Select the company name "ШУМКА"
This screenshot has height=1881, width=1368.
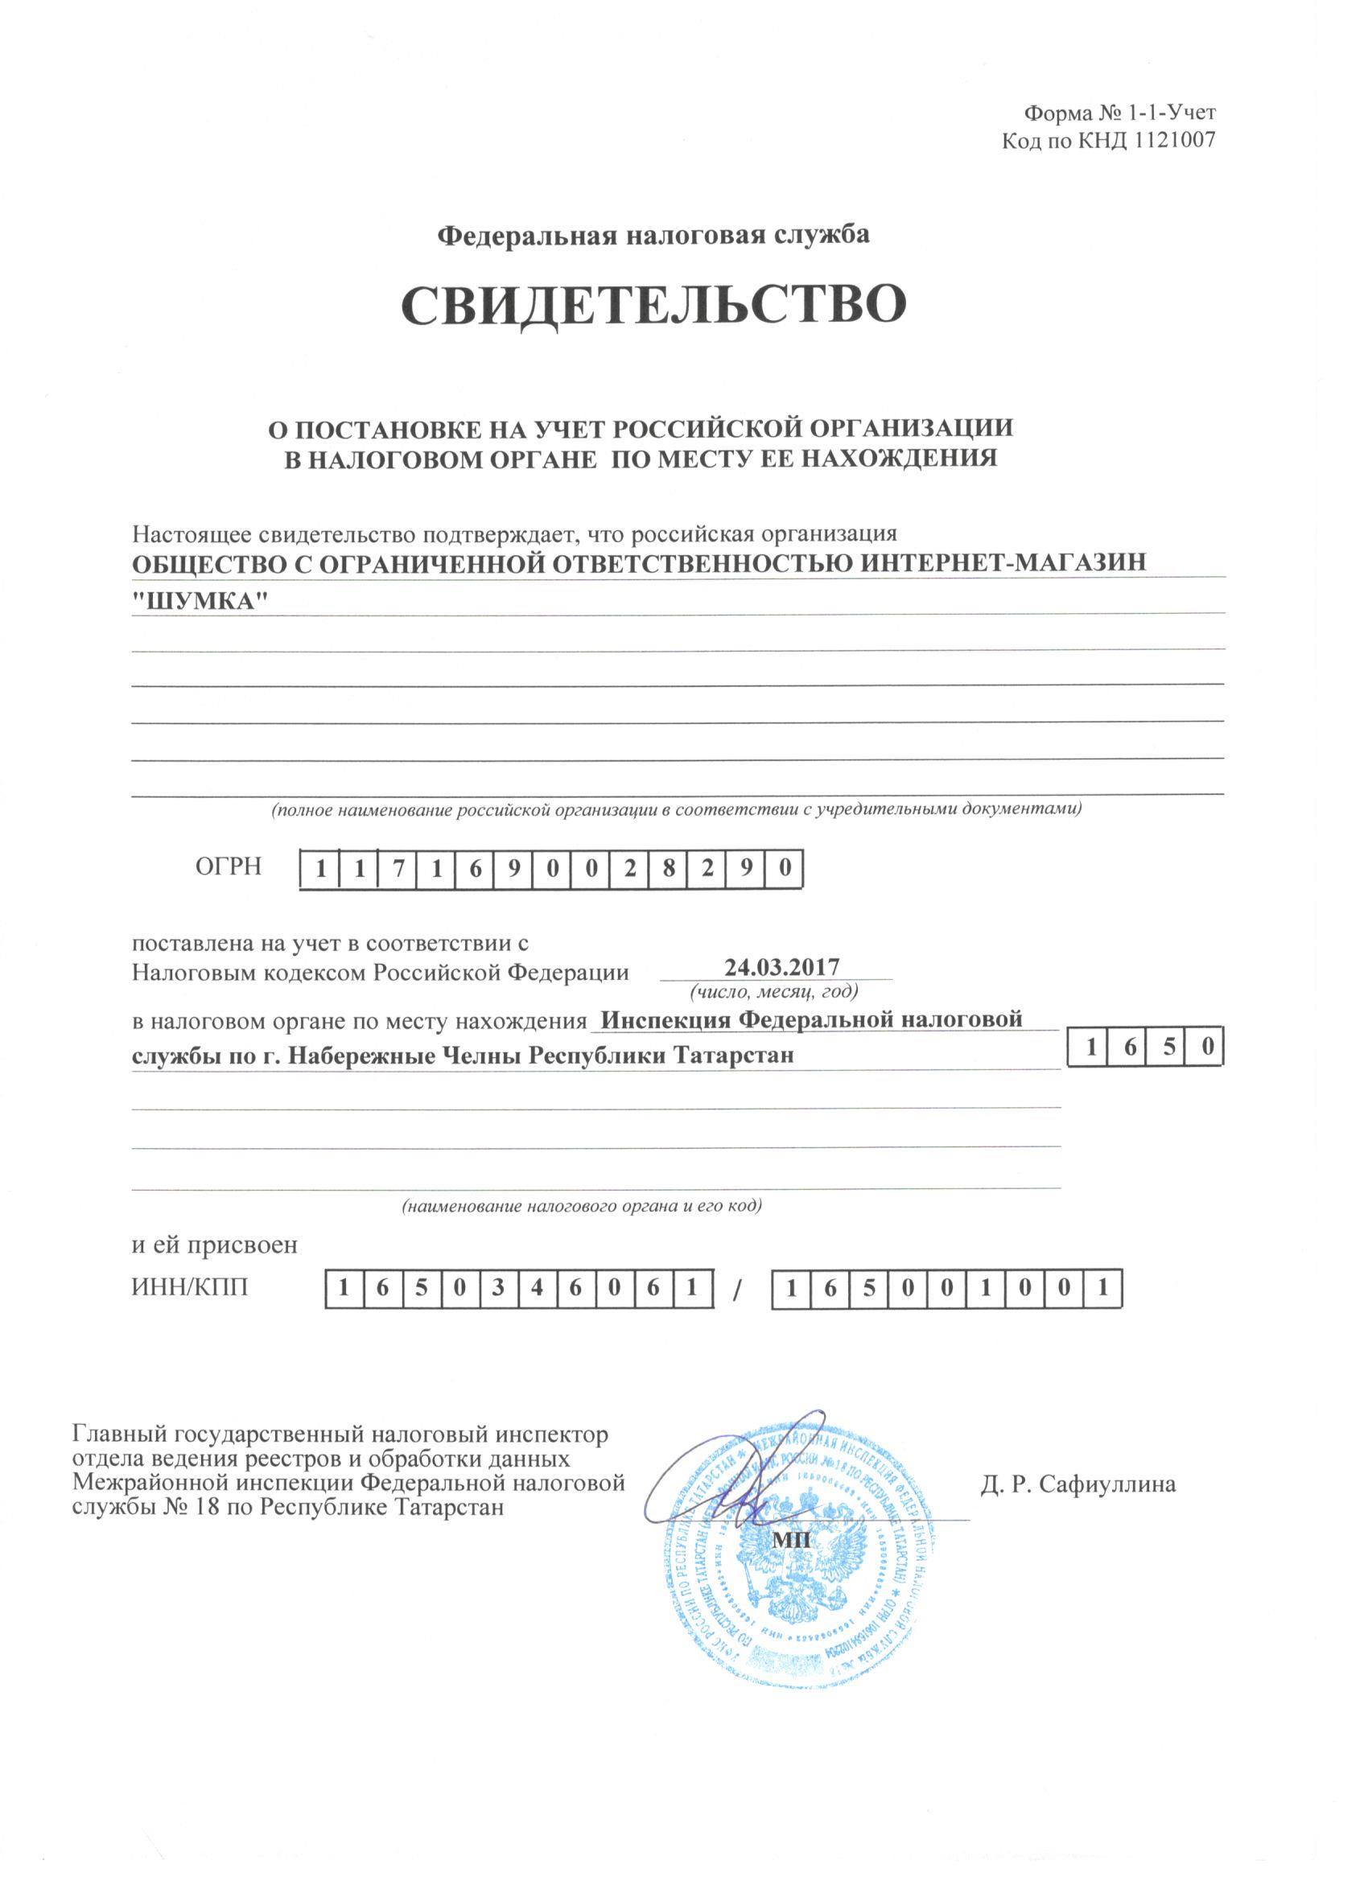click(x=204, y=601)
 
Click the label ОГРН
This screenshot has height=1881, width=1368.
click(x=229, y=867)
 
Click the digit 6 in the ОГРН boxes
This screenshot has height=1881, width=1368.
click(x=475, y=870)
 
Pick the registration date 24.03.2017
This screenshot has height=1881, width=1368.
click(x=781, y=967)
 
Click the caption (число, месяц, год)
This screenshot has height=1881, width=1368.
click(x=774, y=991)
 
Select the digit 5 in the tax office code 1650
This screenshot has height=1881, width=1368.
click(x=1169, y=1048)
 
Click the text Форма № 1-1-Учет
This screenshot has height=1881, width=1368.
click(x=1120, y=113)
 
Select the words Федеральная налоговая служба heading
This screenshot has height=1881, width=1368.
click(x=653, y=237)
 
